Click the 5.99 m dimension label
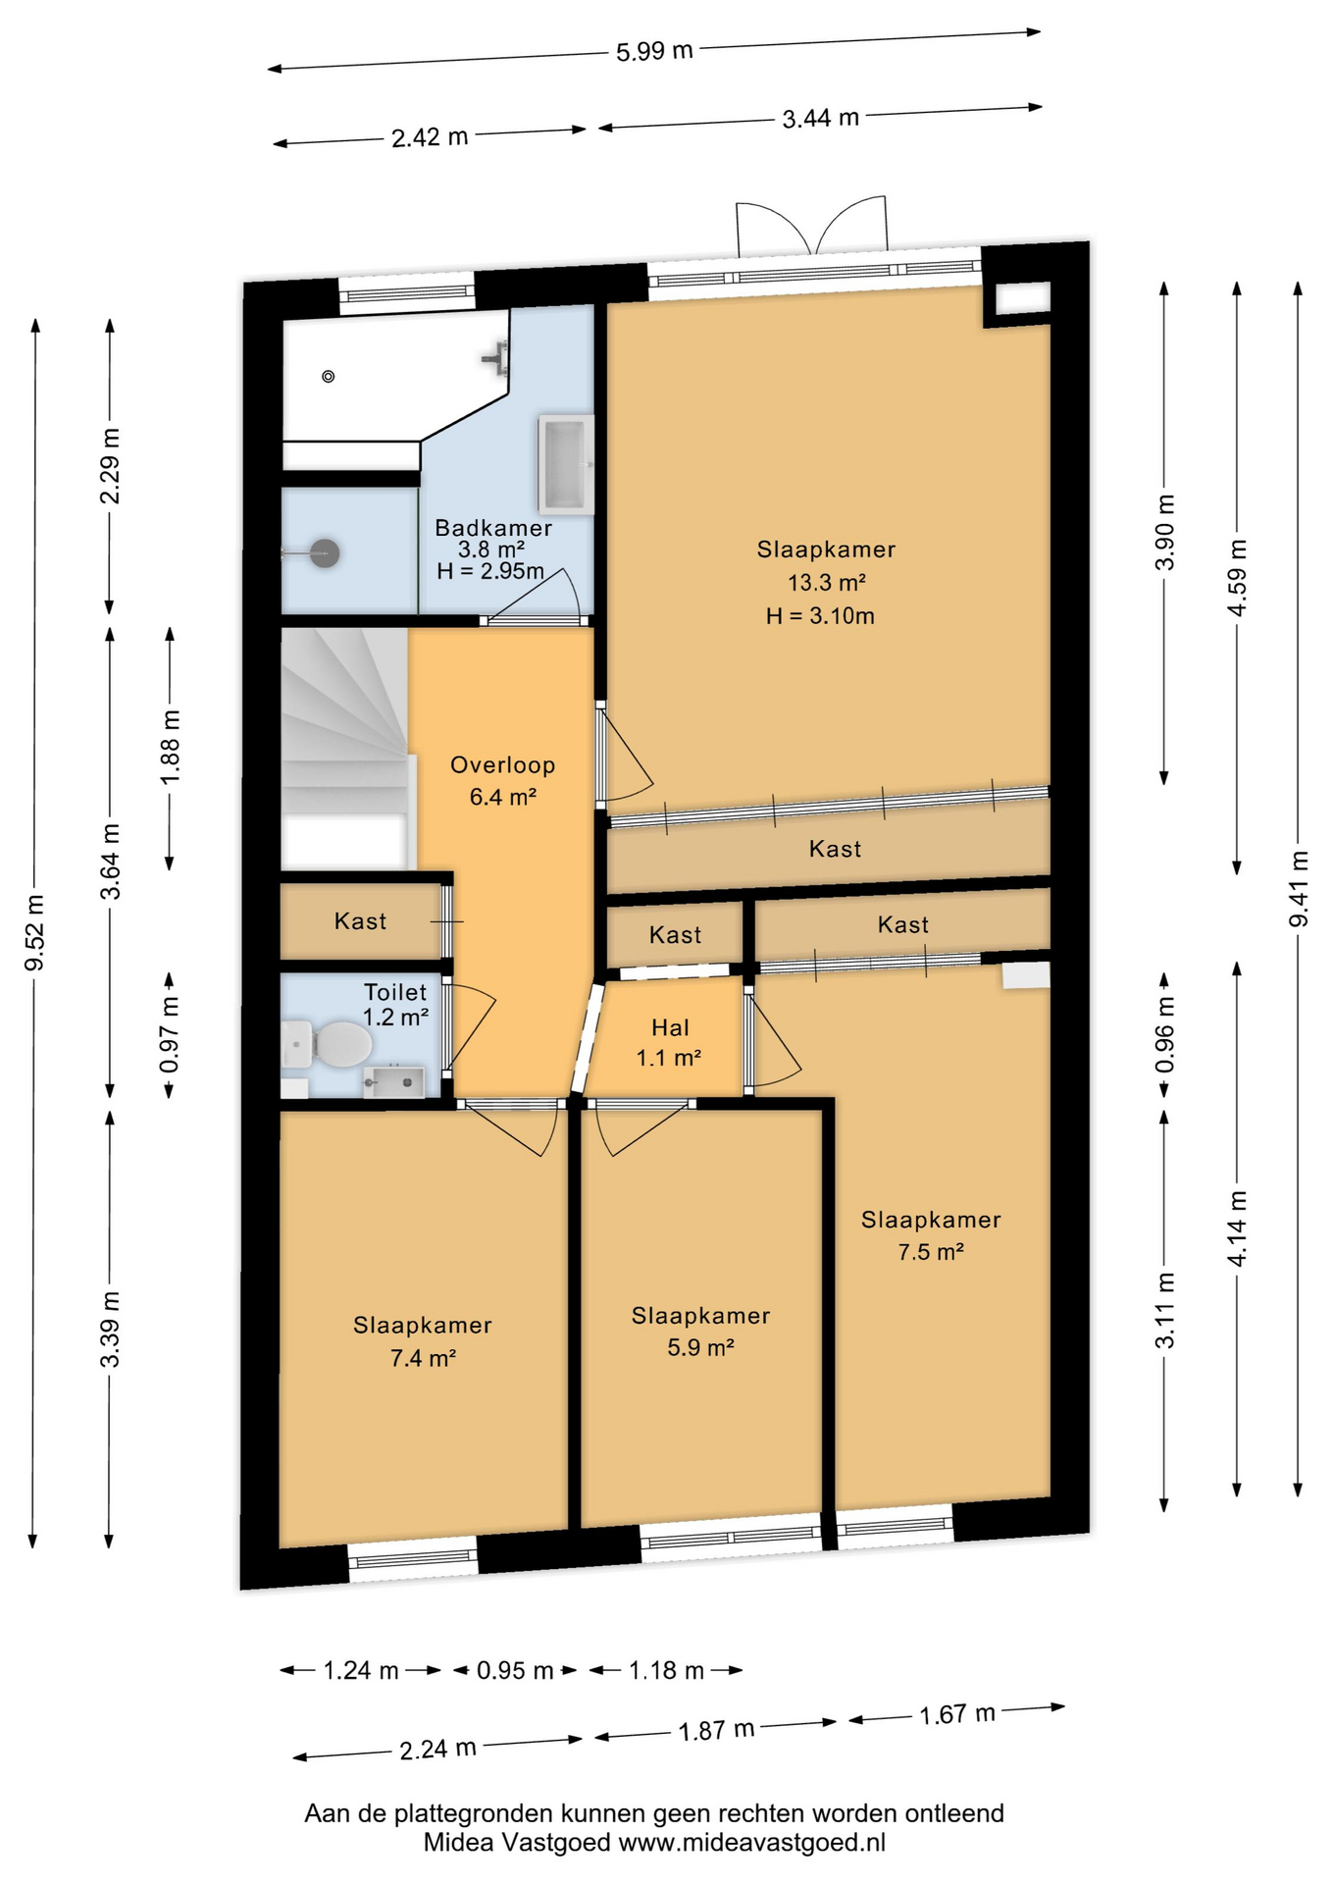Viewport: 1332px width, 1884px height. (x=654, y=51)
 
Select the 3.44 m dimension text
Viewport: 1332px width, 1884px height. (x=821, y=119)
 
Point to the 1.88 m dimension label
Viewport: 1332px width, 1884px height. (x=171, y=747)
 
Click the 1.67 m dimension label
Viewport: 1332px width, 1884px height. (x=957, y=1714)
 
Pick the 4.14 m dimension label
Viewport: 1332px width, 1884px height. (x=1238, y=1228)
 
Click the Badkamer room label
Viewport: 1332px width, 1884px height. (x=493, y=528)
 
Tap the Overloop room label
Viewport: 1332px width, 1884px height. (x=503, y=765)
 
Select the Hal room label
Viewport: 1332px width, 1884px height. (x=671, y=1027)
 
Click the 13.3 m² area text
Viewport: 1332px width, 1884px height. (x=827, y=583)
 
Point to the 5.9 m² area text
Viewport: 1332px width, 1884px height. (x=701, y=1348)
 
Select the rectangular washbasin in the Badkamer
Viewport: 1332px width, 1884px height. (x=566, y=465)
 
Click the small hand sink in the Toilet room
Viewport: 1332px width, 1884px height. (x=394, y=1081)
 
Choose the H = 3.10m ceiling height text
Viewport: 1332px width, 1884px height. (x=820, y=616)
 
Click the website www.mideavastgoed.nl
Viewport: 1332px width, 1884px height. (x=752, y=1843)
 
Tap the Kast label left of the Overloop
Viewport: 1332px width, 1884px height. (x=361, y=921)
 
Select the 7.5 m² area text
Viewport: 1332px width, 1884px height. (x=932, y=1252)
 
